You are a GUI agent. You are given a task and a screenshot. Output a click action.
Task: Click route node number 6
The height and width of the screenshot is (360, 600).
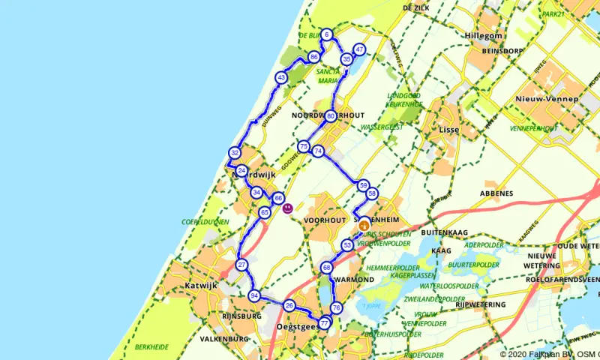tap(328, 34)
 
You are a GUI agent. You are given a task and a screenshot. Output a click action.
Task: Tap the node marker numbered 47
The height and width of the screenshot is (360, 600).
tap(360, 50)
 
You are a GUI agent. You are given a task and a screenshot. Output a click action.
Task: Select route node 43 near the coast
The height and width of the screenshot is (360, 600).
tap(280, 77)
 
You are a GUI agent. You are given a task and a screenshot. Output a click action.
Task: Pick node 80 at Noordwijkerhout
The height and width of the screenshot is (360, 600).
tap(331, 116)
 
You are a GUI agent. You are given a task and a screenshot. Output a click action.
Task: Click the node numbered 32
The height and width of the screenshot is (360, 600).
tap(235, 153)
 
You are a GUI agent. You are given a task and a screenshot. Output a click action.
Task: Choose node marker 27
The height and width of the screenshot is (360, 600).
tap(241, 265)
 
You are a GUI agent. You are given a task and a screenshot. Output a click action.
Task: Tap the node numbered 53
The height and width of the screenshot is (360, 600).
tap(347, 245)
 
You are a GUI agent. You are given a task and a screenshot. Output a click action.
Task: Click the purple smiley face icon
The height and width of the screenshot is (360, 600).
tap(287, 208)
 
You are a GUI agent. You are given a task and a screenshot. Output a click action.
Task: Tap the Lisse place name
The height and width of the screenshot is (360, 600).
tap(448, 130)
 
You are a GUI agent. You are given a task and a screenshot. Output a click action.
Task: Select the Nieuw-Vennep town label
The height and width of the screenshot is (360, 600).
tap(547, 99)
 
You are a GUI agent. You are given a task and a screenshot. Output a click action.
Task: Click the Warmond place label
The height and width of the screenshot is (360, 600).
tap(355, 279)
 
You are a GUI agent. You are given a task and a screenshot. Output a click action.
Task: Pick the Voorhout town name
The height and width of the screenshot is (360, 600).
tap(323, 220)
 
